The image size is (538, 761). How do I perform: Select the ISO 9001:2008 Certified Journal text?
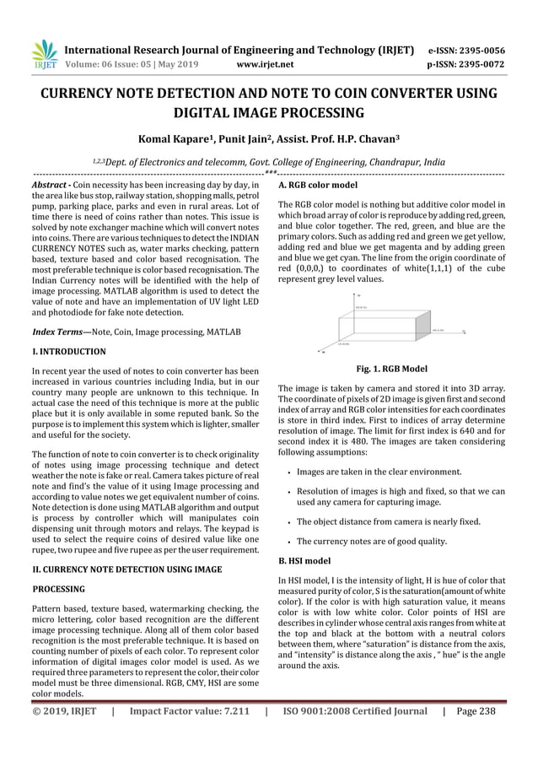coord(354,746)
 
